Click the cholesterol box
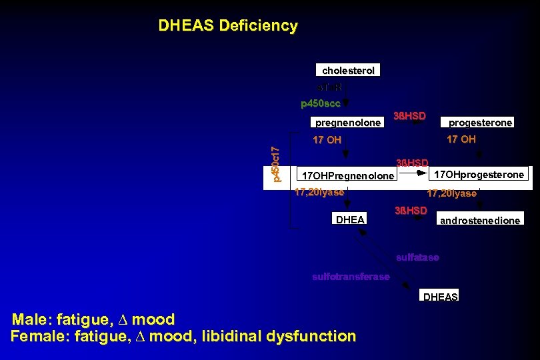(x=348, y=70)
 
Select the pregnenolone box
(x=348, y=123)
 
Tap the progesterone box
(x=480, y=123)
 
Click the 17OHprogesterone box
(x=479, y=175)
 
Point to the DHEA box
(x=349, y=219)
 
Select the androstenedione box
(x=479, y=220)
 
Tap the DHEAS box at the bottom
(x=440, y=297)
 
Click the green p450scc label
(x=321, y=103)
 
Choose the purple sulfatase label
(x=417, y=257)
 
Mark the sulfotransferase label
(x=351, y=277)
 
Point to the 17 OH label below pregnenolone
(x=327, y=140)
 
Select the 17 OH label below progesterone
(x=461, y=139)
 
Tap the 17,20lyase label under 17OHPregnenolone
(x=319, y=192)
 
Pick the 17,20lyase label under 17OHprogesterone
(x=452, y=193)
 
